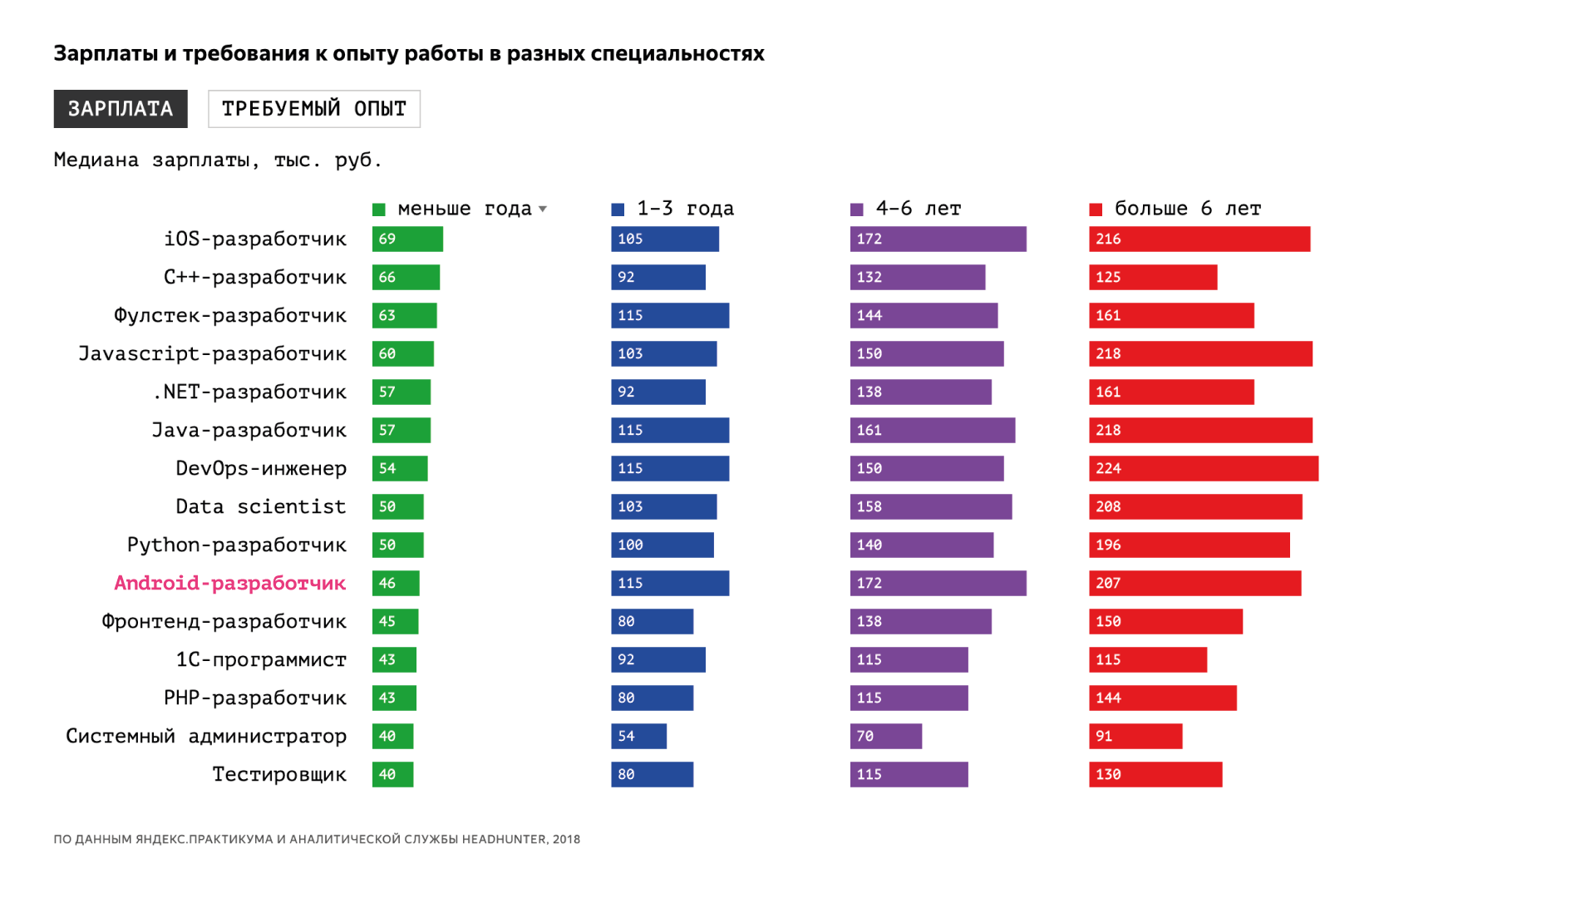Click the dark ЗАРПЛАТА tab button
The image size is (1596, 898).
pos(121,109)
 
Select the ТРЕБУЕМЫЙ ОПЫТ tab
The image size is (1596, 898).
pos(314,109)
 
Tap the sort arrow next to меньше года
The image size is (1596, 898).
pos(543,209)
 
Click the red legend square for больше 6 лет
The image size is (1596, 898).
pos(1096,210)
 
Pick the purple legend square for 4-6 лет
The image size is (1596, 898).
pos(857,210)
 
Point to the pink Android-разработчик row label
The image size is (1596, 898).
pos(230,583)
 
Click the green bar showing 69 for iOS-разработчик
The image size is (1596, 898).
pos(407,239)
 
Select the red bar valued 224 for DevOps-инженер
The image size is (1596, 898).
pos(1204,469)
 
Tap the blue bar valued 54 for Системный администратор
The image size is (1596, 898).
pos(638,737)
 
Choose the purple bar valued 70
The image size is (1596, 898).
pos(885,737)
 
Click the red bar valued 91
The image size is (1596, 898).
pos(1135,737)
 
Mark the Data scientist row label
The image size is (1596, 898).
pos(261,507)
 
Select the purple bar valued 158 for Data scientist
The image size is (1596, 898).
pos(931,507)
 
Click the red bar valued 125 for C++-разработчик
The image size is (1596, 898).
pos(1153,278)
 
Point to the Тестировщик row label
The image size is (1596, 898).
pos(279,775)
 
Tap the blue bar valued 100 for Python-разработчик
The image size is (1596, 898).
pos(663,545)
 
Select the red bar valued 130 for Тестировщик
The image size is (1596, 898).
pos(1155,775)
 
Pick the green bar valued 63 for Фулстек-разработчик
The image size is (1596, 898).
pos(404,316)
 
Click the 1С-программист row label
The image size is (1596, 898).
pos(261,660)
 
